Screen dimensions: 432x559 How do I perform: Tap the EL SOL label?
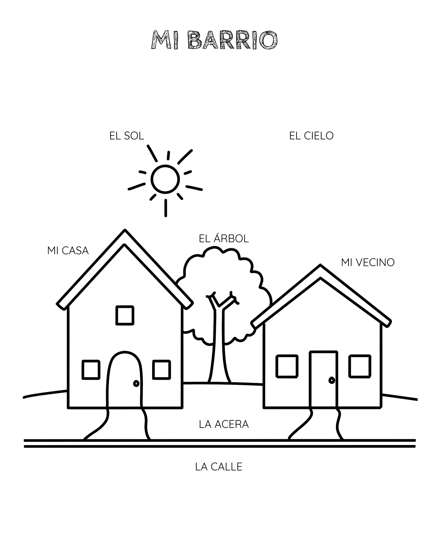126,136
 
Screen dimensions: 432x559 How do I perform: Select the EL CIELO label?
311,136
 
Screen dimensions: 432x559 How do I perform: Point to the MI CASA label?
68,251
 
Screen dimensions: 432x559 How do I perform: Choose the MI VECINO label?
368,262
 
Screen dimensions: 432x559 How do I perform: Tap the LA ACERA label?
224,424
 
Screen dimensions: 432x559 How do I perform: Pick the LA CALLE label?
218,467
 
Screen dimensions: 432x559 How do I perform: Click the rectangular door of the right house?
310,379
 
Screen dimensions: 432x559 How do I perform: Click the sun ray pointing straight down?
166,208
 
